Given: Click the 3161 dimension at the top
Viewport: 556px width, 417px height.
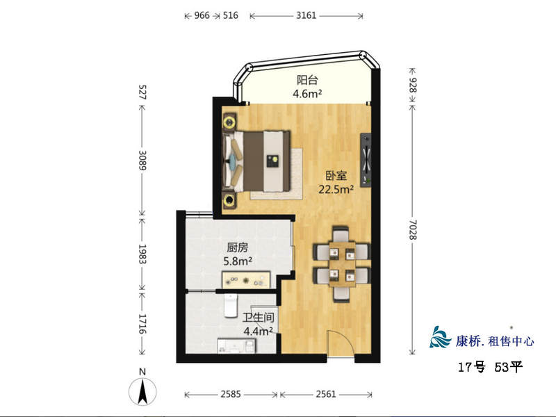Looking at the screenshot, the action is [x=306, y=15].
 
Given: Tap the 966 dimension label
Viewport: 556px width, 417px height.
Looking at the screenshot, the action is [x=202, y=15].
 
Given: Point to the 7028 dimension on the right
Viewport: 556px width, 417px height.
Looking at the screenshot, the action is [x=413, y=230].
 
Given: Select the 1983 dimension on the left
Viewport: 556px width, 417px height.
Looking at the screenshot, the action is [x=142, y=254].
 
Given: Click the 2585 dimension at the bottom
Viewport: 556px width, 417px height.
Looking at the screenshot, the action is [x=231, y=394].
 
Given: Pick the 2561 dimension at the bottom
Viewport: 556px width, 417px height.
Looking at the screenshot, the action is [x=326, y=394].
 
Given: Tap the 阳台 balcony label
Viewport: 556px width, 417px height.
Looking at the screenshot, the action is [x=307, y=80].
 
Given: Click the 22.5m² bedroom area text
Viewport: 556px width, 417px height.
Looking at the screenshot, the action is [x=336, y=189].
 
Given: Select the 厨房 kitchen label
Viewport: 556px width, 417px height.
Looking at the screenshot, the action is [x=238, y=247].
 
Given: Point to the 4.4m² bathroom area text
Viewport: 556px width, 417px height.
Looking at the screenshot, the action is [x=258, y=332].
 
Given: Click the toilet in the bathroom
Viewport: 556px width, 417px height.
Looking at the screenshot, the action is [x=231, y=305].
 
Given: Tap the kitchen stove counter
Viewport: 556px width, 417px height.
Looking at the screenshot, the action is [x=246, y=280].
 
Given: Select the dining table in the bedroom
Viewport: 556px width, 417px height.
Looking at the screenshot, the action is [x=342, y=263].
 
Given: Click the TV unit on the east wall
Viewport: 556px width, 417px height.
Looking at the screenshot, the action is [x=366, y=160].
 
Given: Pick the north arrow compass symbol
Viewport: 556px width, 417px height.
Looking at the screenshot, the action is [x=142, y=391].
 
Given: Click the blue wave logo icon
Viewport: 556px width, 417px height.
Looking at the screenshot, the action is [x=441, y=337].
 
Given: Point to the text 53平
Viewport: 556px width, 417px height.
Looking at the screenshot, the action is [x=509, y=367].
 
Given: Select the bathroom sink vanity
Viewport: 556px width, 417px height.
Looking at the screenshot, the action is [x=236, y=345].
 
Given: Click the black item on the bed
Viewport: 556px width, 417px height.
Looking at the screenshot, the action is [x=272, y=161].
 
